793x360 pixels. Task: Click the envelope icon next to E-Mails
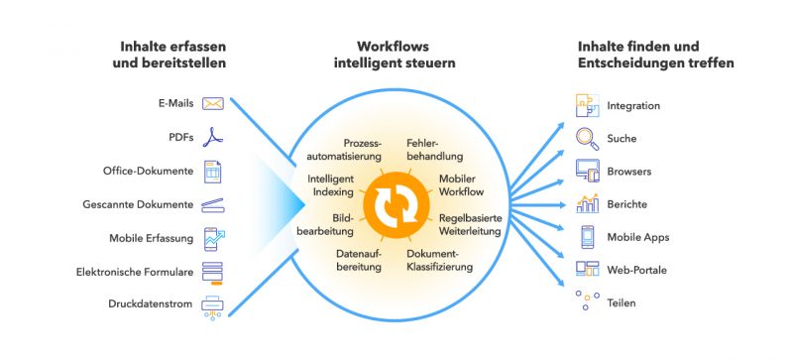213,103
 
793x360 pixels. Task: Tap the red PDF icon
213,137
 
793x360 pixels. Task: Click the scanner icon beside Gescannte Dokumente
213,205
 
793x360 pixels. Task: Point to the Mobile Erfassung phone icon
213,238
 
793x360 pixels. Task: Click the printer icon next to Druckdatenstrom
213,305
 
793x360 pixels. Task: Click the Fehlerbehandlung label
431,151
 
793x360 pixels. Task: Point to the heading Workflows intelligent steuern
406,55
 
